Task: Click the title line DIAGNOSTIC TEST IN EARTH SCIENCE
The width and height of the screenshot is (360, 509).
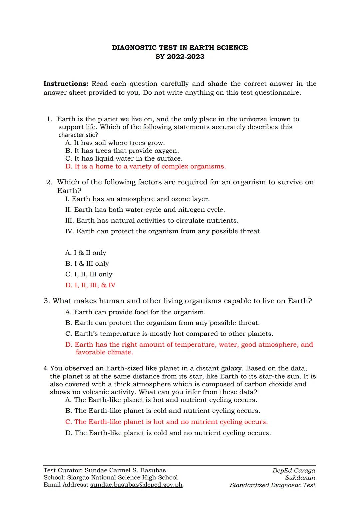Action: coord(180,48)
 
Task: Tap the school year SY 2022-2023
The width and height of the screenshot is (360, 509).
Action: coord(180,57)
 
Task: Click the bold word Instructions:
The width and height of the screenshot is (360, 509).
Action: coord(66,84)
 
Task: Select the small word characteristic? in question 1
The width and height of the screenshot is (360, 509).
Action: coord(78,135)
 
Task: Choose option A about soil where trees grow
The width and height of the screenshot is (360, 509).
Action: coord(115,143)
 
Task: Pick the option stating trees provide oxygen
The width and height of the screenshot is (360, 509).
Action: coord(122,151)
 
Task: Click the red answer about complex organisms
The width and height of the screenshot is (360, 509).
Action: coord(146,166)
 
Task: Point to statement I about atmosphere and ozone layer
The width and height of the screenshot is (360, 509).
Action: coord(137,199)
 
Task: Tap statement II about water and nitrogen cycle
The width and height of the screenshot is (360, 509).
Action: coord(145,210)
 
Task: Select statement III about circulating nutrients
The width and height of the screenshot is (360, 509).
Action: coord(152,221)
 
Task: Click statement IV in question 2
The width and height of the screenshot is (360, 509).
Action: coord(163,231)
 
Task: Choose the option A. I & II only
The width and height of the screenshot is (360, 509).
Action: coord(86,253)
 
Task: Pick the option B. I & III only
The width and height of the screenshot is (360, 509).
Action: coord(87,264)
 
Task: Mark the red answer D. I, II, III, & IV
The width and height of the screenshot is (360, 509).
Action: coord(90,285)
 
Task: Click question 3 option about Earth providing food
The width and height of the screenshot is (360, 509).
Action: coord(135,312)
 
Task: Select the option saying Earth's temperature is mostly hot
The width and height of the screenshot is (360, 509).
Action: coord(169,334)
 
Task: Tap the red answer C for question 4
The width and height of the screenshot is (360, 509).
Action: coord(166,422)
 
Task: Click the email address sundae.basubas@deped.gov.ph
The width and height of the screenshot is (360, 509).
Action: coord(136,485)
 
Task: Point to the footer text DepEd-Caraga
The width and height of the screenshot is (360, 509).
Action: coord(293,470)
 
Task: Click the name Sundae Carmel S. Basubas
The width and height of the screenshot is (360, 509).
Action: coord(125,470)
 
